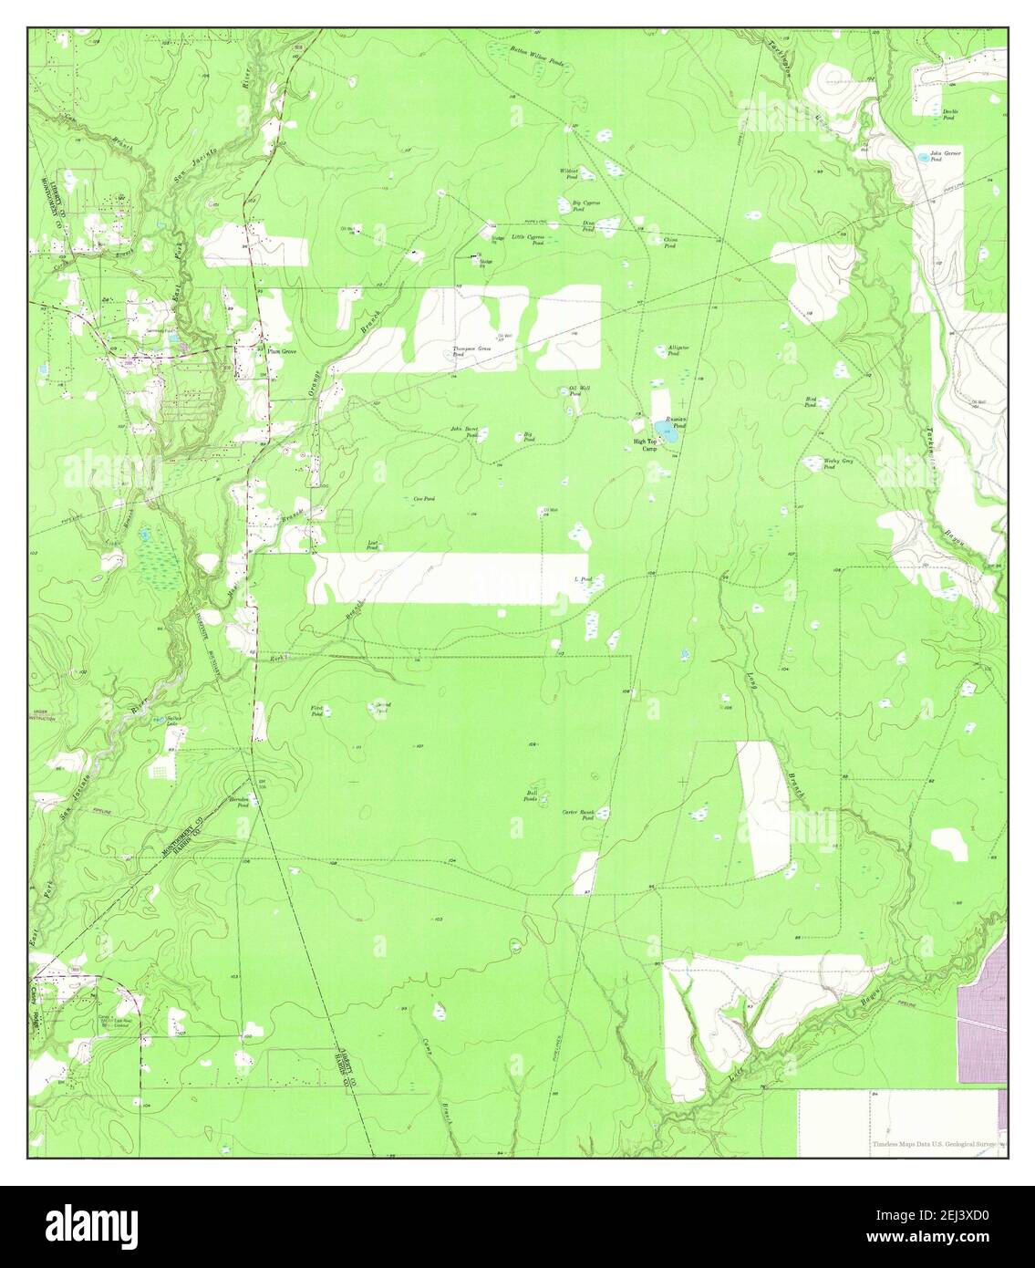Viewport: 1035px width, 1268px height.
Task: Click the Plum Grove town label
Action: (x=282, y=350)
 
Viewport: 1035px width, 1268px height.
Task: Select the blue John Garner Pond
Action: (x=926, y=158)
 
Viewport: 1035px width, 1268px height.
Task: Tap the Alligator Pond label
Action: (x=678, y=350)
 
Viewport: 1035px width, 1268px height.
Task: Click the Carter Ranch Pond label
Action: (x=578, y=815)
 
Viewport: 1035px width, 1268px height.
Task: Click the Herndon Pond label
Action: (x=239, y=802)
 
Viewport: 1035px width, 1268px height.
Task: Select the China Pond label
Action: (x=669, y=243)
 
